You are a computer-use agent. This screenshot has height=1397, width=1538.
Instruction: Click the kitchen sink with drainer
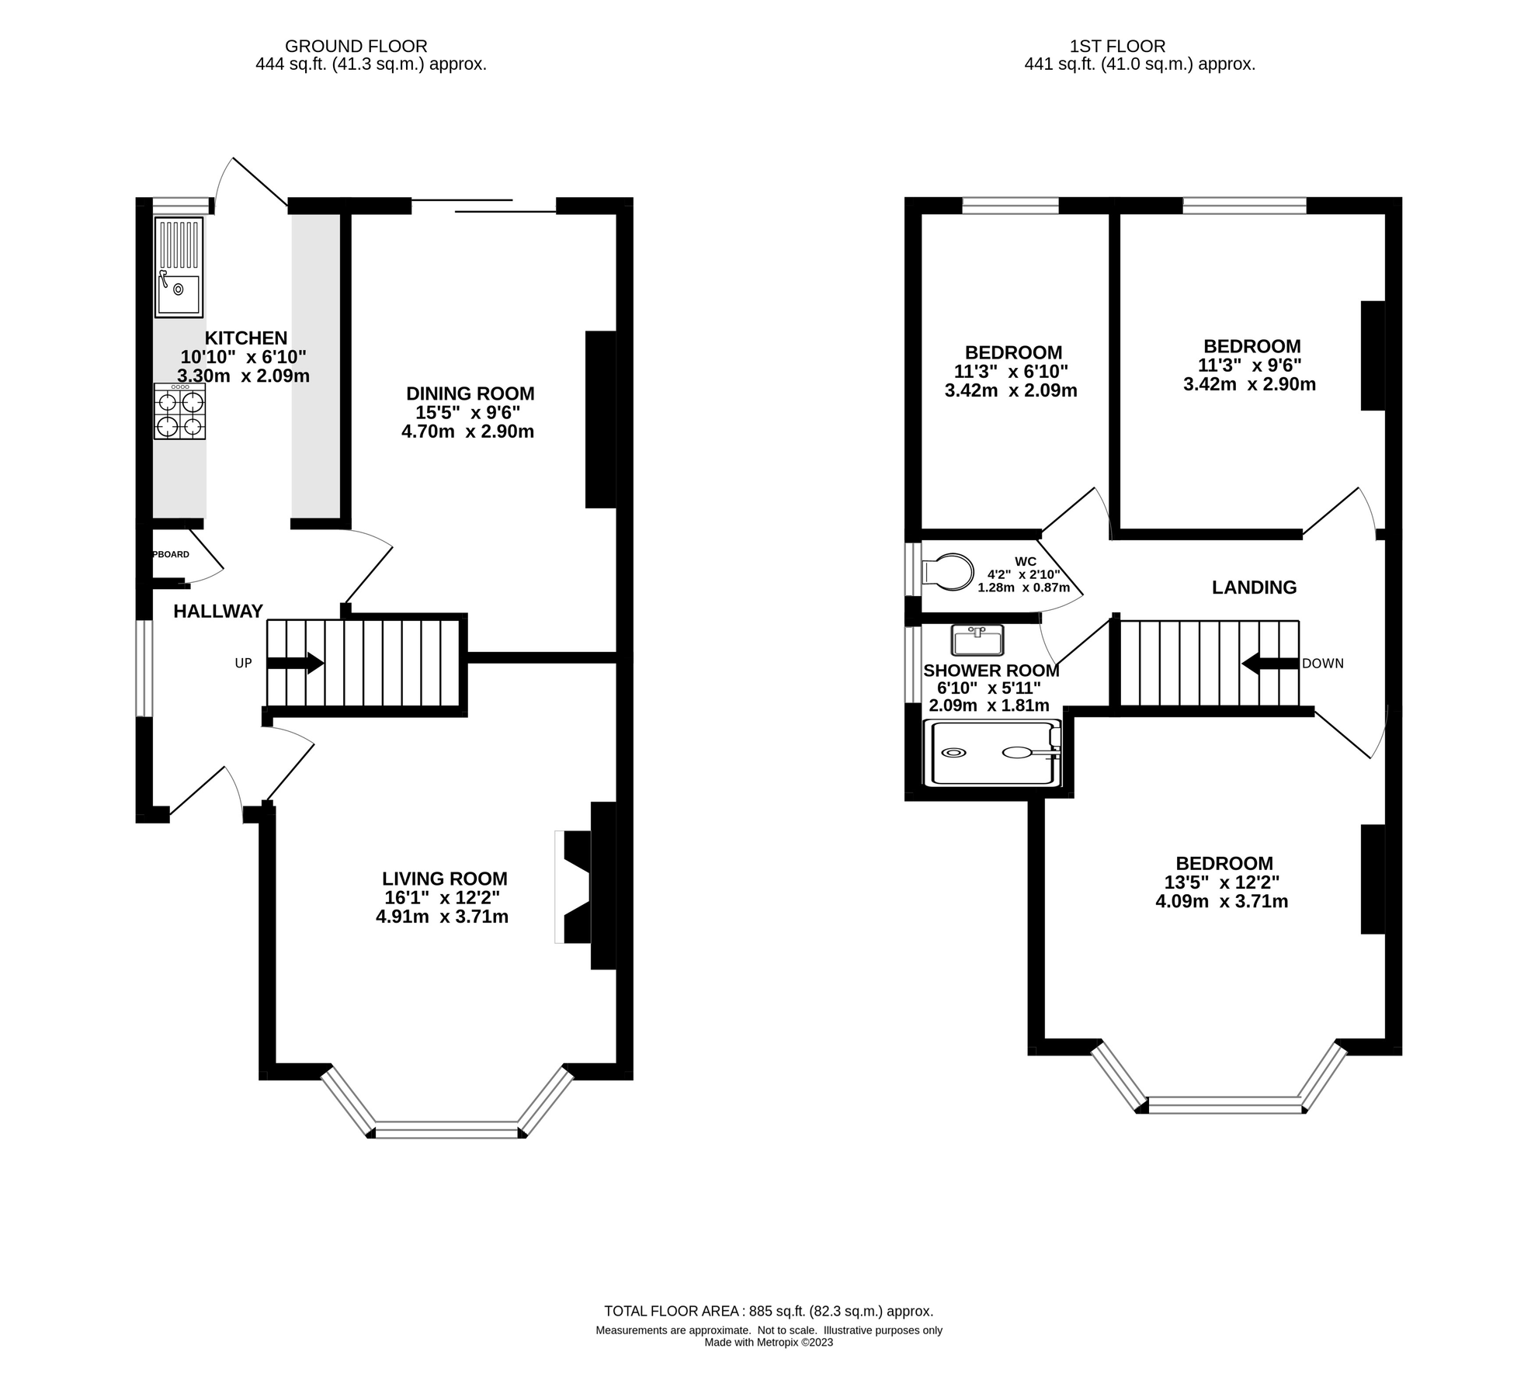coord(179,268)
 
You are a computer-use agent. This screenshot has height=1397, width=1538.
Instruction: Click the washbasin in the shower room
coord(977,641)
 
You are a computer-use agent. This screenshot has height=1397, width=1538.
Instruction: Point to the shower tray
coord(992,753)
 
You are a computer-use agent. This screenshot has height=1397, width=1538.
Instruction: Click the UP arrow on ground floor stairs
coord(294,663)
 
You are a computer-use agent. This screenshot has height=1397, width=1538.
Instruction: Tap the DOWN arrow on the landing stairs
coord(1270,664)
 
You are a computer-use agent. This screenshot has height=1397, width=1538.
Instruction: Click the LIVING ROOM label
coord(444,879)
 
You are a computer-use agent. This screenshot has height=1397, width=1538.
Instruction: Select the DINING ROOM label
coord(470,393)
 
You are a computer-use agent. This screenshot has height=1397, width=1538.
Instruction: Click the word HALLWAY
coord(218,612)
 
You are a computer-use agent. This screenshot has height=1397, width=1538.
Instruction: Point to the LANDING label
coord(1254,588)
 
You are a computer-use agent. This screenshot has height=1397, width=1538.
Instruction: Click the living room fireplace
coord(575,886)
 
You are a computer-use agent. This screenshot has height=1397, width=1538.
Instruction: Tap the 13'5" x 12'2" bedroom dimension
coord(1221,882)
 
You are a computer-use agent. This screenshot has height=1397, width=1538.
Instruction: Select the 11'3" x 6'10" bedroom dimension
coord(1011,372)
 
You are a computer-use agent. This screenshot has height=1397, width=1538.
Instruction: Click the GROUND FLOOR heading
coord(356,47)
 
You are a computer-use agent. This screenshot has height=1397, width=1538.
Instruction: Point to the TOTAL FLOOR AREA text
coord(768,1311)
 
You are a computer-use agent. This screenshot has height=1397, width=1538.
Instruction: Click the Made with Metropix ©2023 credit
coord(768,1342)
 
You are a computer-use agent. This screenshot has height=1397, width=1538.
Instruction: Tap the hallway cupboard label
coord(172,554)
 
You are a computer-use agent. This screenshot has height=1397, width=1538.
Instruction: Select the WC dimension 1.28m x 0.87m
coord(1022,588)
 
